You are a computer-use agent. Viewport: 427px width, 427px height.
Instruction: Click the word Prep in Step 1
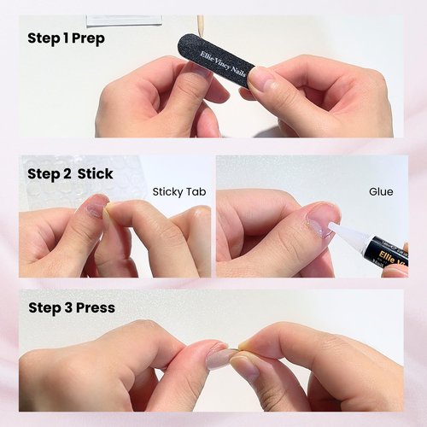[x=88, y=39]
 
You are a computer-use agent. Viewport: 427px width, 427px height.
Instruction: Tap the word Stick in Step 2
[x=96, y=174]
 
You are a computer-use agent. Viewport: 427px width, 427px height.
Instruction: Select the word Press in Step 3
[x=96, y=307]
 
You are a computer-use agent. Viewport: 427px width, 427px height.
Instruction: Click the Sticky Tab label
[x=179, y=192]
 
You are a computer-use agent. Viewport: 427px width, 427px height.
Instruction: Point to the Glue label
[x=381, y=192]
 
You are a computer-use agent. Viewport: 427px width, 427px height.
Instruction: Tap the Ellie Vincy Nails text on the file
[x=223, y=64]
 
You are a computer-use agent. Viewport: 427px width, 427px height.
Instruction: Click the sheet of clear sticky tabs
[x=83, y=182]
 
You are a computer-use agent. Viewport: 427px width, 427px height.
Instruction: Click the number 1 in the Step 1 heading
[x=66, y=38]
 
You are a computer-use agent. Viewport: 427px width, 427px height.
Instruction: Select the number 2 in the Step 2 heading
[x=67, y=173]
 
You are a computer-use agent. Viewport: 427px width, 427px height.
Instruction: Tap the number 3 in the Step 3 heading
[x=68, y=307]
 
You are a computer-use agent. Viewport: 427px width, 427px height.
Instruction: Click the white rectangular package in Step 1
[x=124, y=20]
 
